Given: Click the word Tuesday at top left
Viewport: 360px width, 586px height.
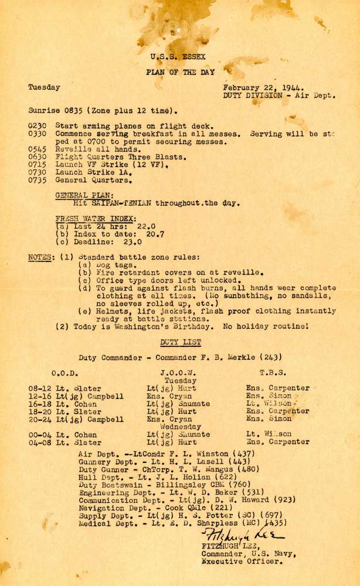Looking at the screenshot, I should pyautogui.click(x=44, y=87).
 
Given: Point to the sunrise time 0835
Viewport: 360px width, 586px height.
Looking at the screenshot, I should pyautogui.click(x=70, y=110).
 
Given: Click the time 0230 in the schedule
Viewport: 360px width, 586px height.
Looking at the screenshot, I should pyautogui.click(x=38, y=125).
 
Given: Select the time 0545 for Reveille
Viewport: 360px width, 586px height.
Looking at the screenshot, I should pyautogui.click(x=38, y=149).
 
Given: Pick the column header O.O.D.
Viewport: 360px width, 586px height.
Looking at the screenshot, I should pyautogui.click(x=65, y=372).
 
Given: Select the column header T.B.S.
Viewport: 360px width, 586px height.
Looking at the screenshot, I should pyautogui.click(x=273, y=372).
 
